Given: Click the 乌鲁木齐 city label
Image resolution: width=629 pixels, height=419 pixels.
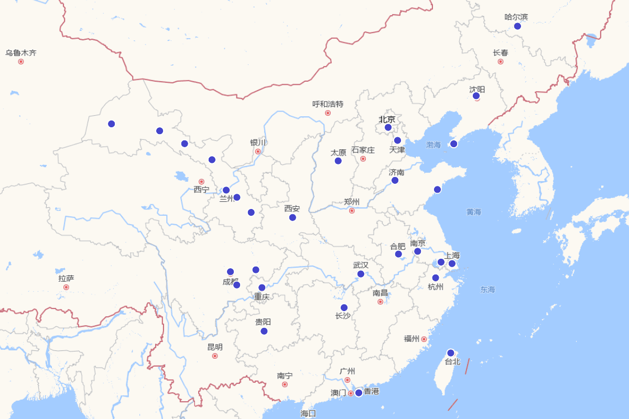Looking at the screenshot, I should click(x=21, y=53).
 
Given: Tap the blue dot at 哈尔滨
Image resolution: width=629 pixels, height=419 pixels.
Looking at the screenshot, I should click(x=517, y=26).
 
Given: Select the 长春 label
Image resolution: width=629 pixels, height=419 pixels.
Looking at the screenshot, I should click(x=501, y=53).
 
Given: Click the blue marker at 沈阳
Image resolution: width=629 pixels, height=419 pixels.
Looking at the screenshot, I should click(x=476, y=96).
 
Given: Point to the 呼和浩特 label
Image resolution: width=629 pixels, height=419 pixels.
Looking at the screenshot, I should click(x=328, y=104).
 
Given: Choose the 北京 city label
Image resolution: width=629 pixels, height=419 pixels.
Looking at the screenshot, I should click(x=387, y=119).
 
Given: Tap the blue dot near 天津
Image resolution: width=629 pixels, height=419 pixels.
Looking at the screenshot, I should click(x=397, y=140).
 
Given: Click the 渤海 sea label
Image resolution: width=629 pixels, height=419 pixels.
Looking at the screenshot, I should click(x=433, y=145).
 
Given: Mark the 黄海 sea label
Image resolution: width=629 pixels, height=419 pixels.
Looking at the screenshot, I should click(x=474, y=212).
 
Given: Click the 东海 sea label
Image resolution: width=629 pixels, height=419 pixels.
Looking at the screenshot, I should click(x=487, y=290).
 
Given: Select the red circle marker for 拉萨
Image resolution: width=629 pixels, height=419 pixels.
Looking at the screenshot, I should click(x=66, y=287).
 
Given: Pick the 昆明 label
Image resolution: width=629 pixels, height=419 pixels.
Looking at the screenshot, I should click(x=215, y=347).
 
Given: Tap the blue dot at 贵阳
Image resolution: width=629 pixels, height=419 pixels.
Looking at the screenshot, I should click(x=264, y=331).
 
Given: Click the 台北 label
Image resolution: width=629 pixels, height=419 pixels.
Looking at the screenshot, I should click(x=452, y=362).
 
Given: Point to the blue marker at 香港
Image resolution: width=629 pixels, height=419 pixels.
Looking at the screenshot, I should click(x=359, y=393).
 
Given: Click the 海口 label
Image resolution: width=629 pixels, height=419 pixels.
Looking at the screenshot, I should click(x=308, y=414).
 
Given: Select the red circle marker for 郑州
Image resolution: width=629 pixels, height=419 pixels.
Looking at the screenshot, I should click(x=352, y=211).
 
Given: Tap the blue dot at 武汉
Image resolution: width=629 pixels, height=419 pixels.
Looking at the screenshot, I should click(x=361, y=274).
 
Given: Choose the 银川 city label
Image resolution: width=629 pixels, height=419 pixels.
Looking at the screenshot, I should click(x=258, y=143).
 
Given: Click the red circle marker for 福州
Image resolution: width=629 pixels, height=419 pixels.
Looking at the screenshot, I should click(x=424, y=339).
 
